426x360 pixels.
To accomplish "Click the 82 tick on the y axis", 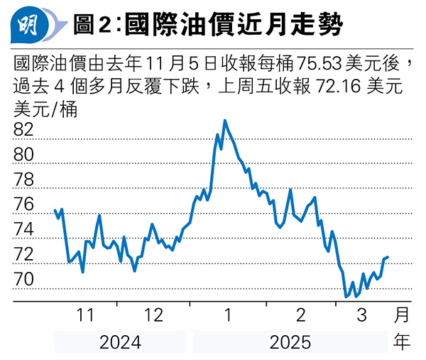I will pyautogui.click(x=24, y=130).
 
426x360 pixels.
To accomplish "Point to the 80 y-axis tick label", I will pyautogui.click(x=24, y=155).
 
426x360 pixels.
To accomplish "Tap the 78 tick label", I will pyautogui.click(x=24, y=180).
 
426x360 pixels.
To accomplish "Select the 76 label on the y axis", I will pyautogui.click(x=24, y=204).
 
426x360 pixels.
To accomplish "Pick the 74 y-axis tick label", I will pyautogui.click(x=24, y=229).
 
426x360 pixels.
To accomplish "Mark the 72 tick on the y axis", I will pyautogui.click(x=24, y=254).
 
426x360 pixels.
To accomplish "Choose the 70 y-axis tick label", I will pyautogui.click(x=24, y=280).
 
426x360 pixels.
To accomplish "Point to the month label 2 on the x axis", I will pyautogui.click(x=300, y=315).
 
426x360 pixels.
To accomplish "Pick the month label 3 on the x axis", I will pyautogui.click(x=362, y=315).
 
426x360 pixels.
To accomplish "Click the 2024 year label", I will pyautogui.click(x=120, y=343).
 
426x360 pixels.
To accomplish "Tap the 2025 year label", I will pyautogui.click(x=290, y=343).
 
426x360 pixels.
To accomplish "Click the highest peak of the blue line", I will pyautogui.click(x=225, y=121).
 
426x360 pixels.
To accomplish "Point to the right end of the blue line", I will pyautogui.click(x=388, y=256).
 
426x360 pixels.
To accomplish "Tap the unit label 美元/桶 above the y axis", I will pyautogui.click(x=45, y=109).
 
